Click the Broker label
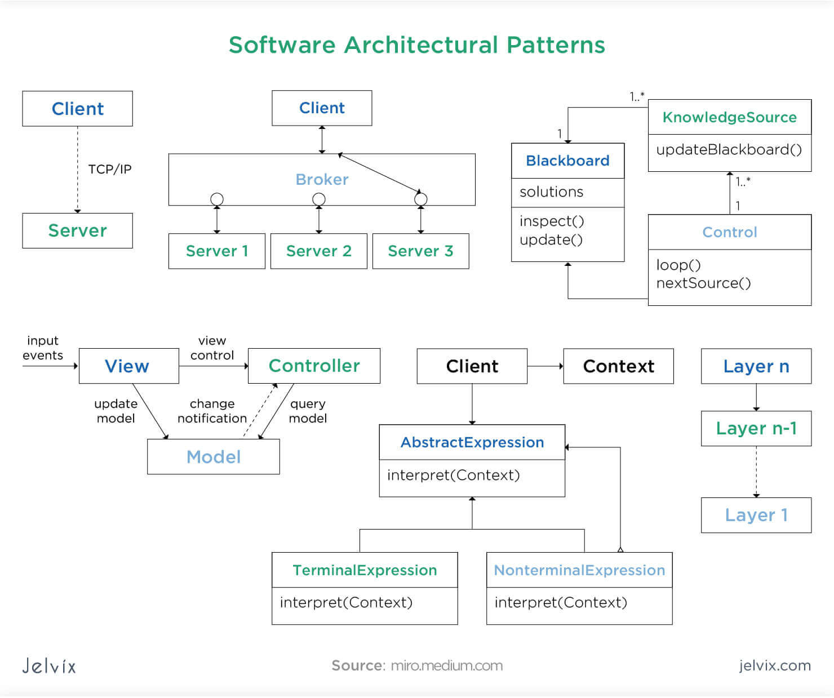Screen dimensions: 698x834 tap(322, 179)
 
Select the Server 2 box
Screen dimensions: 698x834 tap(318, 251)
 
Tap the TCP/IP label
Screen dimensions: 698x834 tap(109, 169)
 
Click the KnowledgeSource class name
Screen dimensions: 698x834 tap(729, 117)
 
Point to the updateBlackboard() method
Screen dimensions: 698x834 tap(729, 149)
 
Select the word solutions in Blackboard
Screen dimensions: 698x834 tap(551, 192)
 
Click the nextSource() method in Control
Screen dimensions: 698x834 tap(703, 283)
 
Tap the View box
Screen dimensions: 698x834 tap(128, 366)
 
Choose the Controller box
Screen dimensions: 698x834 tap(314, 366)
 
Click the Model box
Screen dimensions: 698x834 tap(213, 457)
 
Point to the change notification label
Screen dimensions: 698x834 tap(212, 411)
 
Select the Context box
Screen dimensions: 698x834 tap(618, 366)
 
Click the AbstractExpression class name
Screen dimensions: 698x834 tap(472, 442)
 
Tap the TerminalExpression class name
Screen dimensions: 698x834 tap(365, 570)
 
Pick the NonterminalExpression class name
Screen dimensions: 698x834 tap(579, 570)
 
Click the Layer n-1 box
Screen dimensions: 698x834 tap(756, 429)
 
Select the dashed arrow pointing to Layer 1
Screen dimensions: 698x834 tap(756, 472)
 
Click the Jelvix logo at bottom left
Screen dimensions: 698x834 tap(49, 666)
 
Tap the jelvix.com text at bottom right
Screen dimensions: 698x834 tap(774, 666)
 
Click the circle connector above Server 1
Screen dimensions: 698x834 tap(216, 199)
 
